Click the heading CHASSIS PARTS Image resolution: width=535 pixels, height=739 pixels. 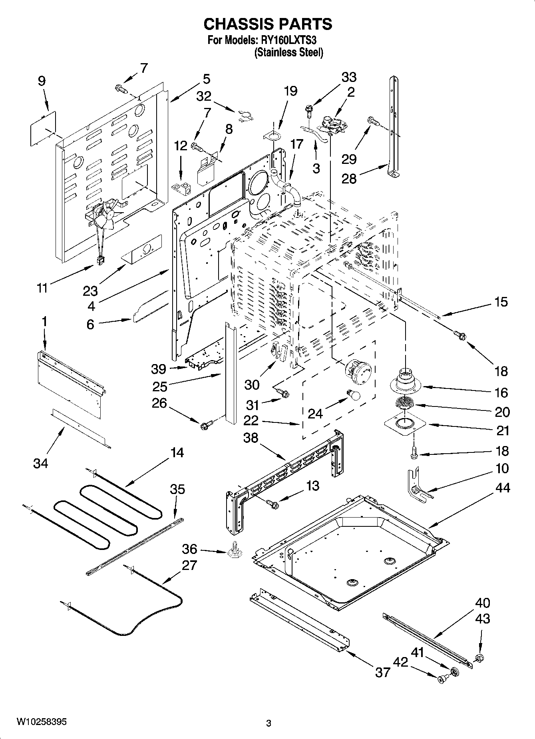click(x=268, y=24)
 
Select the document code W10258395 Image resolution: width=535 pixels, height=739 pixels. click(x=42, y=722)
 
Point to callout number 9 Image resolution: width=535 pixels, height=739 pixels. click(x=42, y=82)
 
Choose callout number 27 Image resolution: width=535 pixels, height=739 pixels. click(x=189, y=565)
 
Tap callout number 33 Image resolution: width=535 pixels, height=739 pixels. click(x=349, y=77)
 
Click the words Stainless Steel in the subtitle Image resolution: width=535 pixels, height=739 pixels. click(x=289, y=53)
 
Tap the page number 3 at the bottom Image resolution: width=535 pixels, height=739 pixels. click(x=268, y=723)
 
